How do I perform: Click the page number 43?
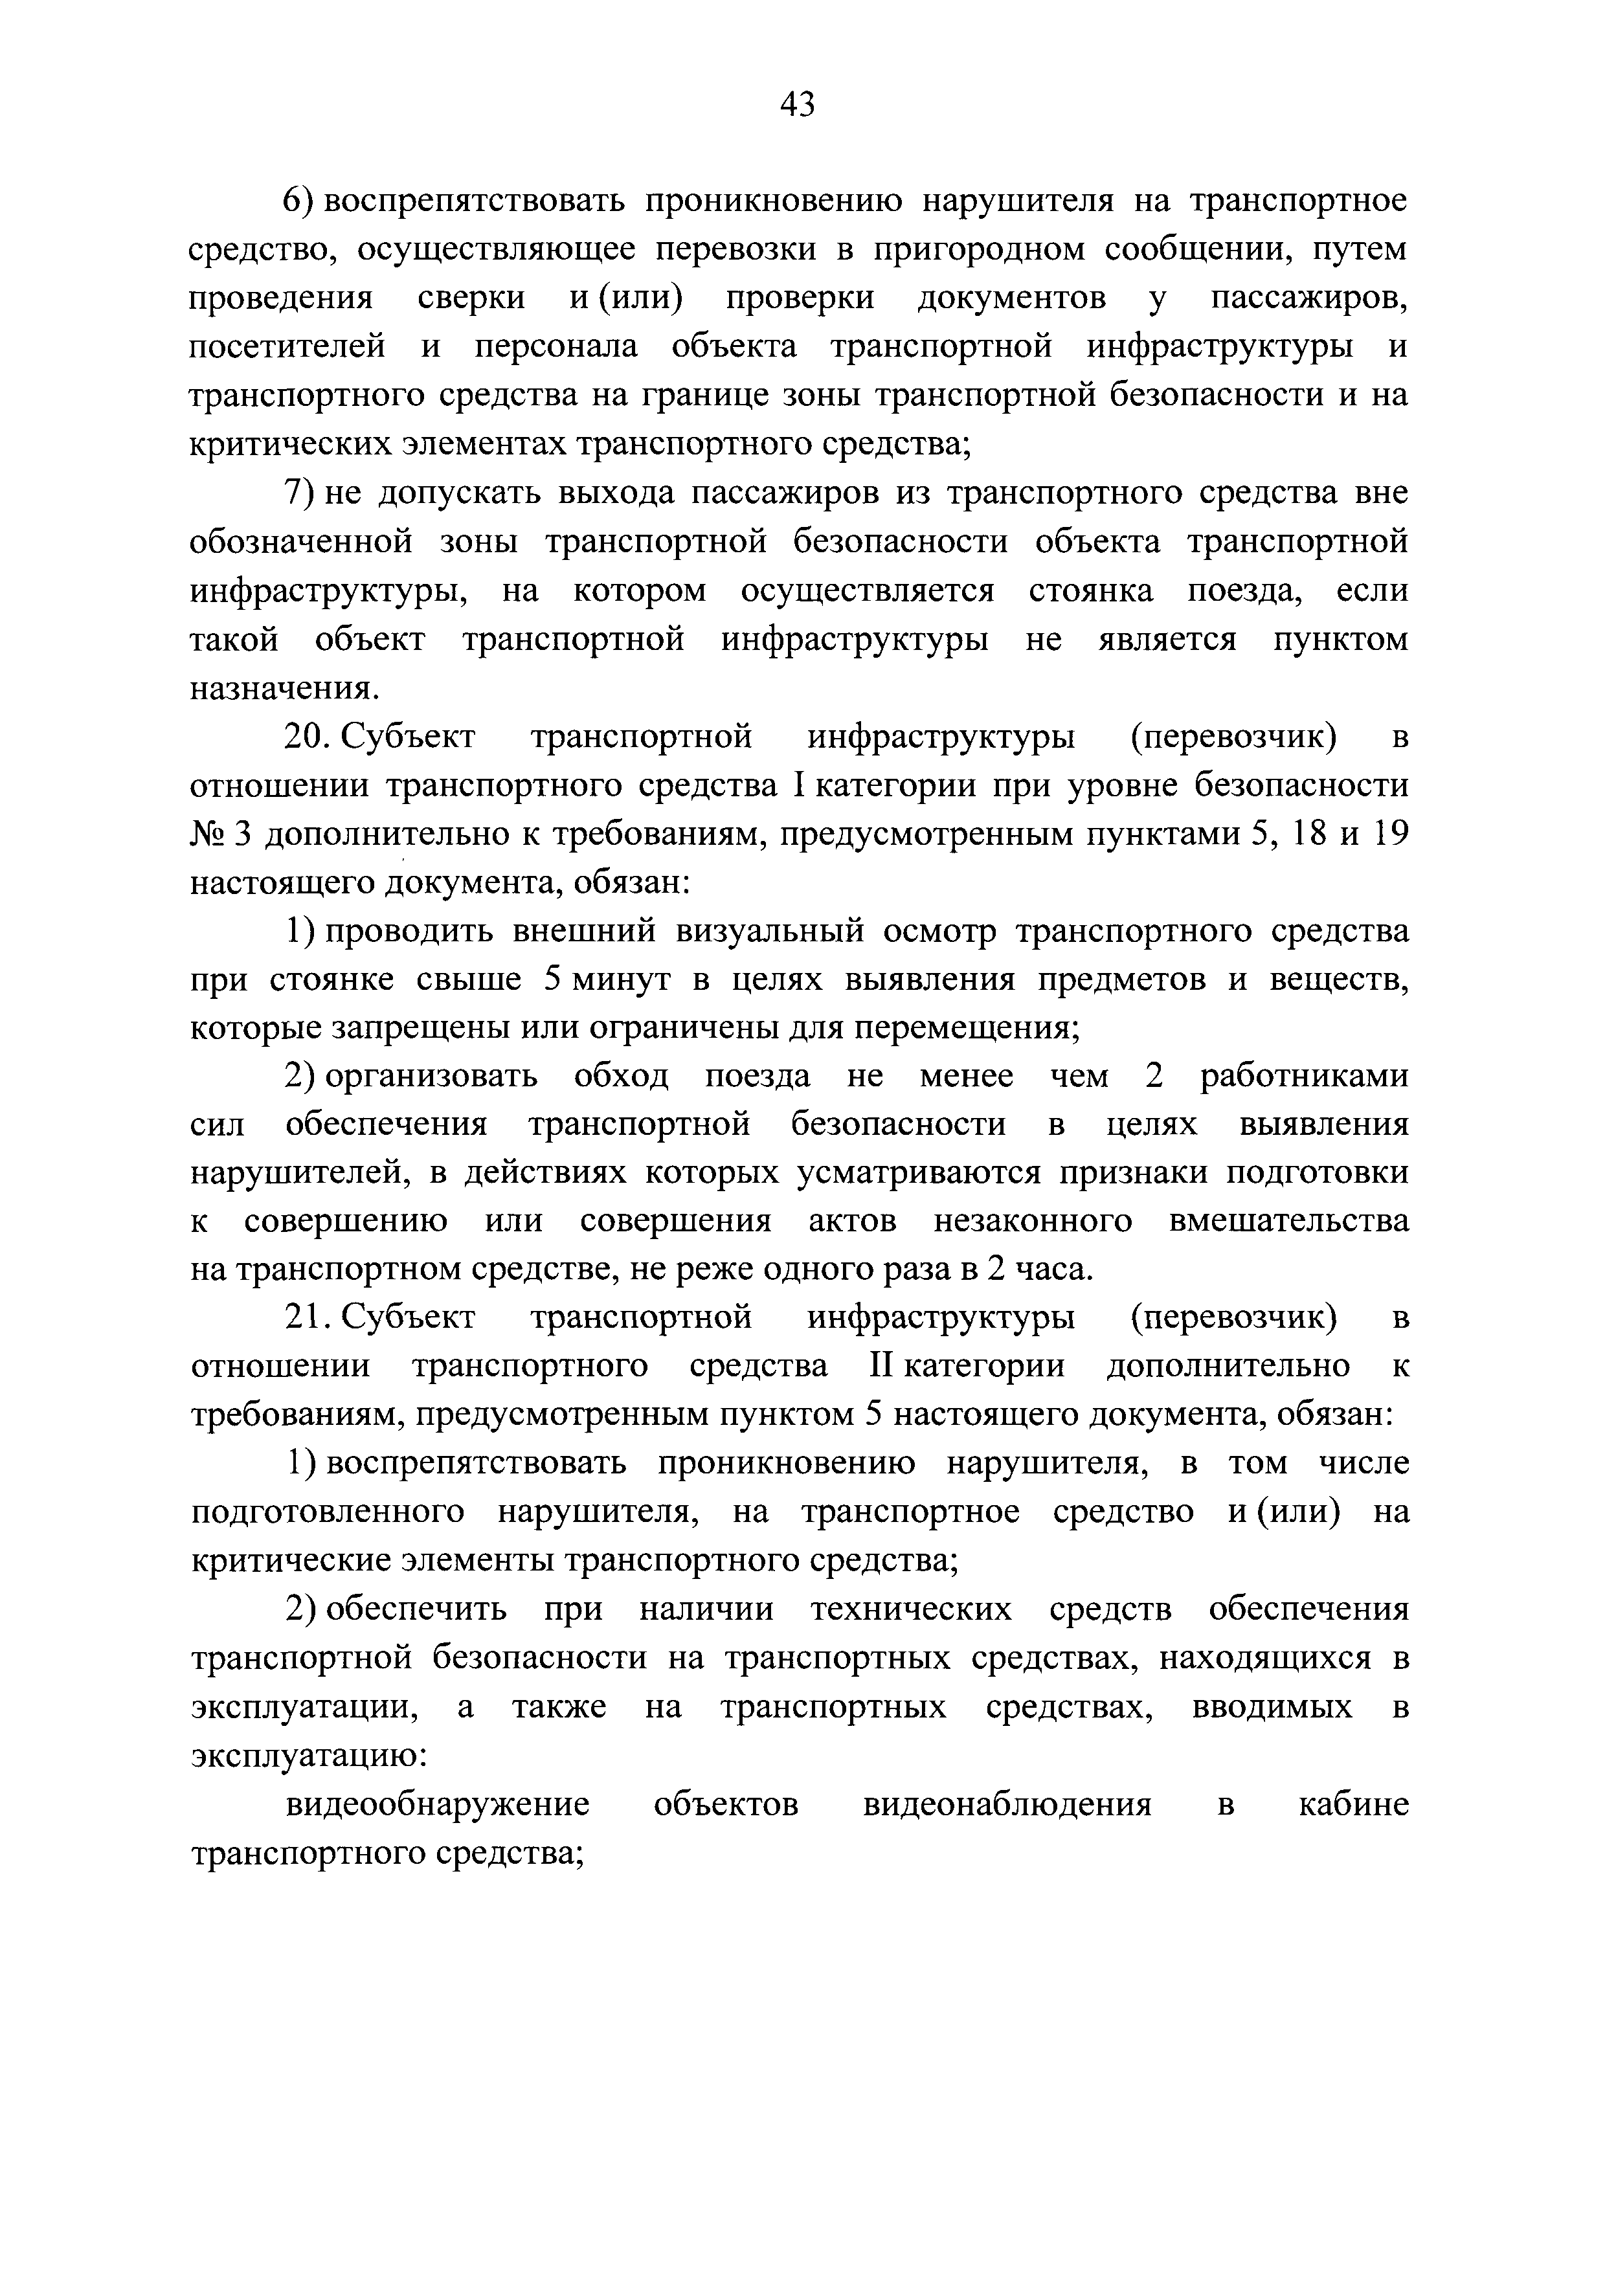coord(797,104)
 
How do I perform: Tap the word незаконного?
coord(1033,1222)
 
